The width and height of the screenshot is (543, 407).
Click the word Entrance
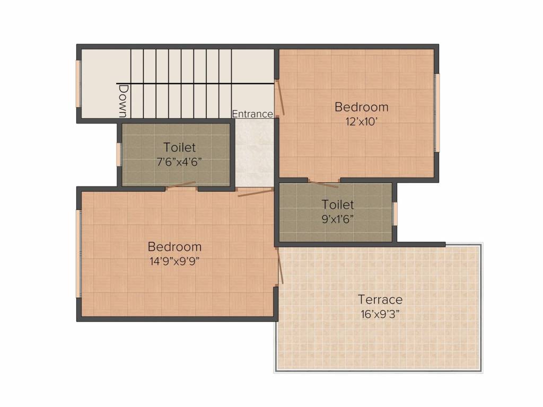pos(252,114)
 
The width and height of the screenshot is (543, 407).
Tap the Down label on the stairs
pos(123,101)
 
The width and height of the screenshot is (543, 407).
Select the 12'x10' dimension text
pos(361,121)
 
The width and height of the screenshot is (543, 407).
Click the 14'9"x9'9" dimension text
pos(174,260)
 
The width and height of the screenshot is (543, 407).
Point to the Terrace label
pos(380,299)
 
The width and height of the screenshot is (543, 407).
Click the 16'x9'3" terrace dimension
pos(380,313)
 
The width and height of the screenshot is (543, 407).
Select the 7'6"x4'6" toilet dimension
pos(179,161)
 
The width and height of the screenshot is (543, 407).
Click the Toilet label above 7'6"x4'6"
pos(179,147)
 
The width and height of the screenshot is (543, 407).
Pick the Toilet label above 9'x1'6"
pos(338,204)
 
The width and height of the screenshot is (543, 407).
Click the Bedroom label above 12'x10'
pos(361,107)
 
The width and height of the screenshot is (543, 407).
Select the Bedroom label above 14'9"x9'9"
pos(174,246)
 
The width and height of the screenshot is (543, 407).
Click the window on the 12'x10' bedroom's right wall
pos(437,113)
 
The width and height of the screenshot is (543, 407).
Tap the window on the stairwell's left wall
pos(78,84)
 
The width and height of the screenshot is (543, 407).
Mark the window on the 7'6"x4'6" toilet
pos(119,154)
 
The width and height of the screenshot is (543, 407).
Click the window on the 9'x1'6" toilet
pos(395,214)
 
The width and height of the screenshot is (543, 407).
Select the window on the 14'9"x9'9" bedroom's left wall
pos(79,253)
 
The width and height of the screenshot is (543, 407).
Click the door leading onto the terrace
pos(279,267)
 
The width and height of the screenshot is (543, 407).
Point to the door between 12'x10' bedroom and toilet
pos(323,183)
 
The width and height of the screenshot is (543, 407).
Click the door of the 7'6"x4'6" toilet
pos(181,185)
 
